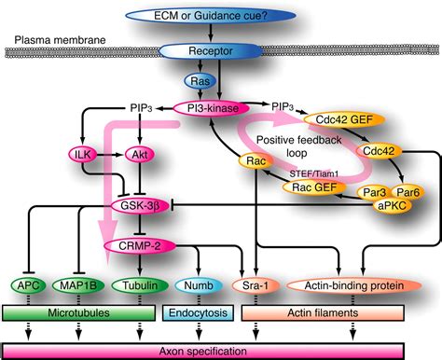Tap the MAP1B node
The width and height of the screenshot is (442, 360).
(82, 284)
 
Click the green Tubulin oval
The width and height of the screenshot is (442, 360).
(140, 284)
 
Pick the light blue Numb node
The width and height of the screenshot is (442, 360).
(197, 284)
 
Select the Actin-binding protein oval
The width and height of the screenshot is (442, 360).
(351, 284)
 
